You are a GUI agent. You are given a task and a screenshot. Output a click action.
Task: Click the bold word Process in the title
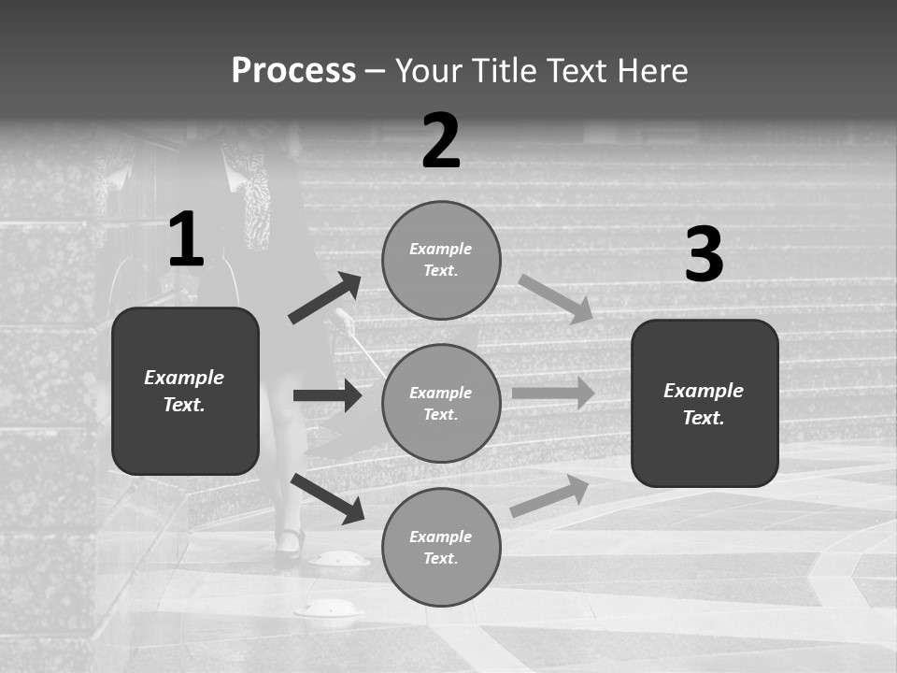click(293, 71)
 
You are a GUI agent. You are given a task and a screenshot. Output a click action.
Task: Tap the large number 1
click(186, 240)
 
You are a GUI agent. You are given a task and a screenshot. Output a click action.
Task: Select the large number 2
click(441, 142)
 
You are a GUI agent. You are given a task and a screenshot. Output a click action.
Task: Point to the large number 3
click(704, 255)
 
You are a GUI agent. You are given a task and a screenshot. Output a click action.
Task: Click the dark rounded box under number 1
click(185, 391)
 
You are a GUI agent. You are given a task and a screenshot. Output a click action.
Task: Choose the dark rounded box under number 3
click(705, 403)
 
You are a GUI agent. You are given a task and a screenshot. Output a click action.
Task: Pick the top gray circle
click(441, 260)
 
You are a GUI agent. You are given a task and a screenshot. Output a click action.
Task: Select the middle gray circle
click(441, 403)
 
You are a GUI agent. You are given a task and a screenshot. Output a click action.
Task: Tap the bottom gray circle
click(441, 547)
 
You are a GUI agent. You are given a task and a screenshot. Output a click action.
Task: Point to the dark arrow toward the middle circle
click(327, 395)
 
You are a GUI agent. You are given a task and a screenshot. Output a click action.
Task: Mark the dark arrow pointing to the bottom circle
click(327, 497)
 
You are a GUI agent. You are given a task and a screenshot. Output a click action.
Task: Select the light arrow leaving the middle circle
click(553, 394)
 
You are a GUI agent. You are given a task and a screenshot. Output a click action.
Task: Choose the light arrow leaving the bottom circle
click(549, 496)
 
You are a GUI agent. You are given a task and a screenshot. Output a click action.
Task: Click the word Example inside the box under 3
click(704, 391)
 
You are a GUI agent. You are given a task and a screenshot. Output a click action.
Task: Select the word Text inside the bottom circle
click(441, 559)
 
